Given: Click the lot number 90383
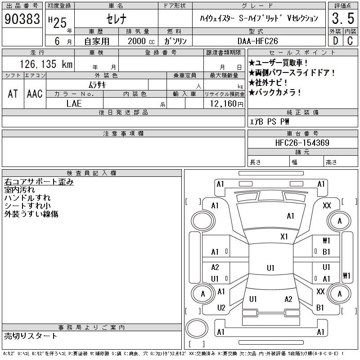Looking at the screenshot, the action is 22,19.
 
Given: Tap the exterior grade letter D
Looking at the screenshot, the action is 335,40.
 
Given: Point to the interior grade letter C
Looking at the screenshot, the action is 350,40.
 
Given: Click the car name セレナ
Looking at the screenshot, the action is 116,18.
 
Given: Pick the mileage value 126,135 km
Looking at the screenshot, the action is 45,64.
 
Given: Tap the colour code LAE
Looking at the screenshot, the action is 75,103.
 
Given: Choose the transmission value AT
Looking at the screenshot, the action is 13,94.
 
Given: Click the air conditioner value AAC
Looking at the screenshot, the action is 34,94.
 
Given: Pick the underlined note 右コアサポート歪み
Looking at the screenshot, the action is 39,182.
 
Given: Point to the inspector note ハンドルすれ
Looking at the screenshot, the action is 27,198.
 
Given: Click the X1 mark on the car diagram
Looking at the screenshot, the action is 284,236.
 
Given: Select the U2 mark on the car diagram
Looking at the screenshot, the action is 221,308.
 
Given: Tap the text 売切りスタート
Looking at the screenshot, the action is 31,336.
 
